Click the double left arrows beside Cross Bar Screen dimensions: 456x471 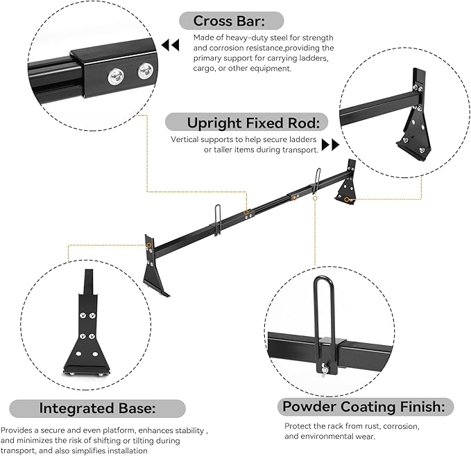click(169, 45)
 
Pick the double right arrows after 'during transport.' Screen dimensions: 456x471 click(330, 145)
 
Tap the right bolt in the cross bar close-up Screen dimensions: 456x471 click(145, 69)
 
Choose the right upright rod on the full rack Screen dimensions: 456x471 click(316, 178)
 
